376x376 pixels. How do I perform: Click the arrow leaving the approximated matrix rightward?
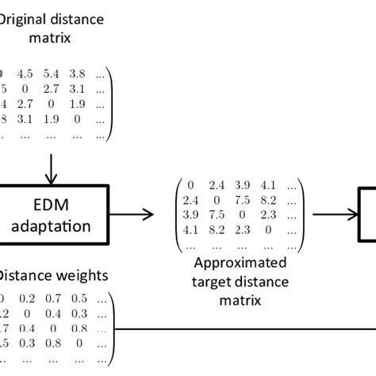(x=330, y=213)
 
